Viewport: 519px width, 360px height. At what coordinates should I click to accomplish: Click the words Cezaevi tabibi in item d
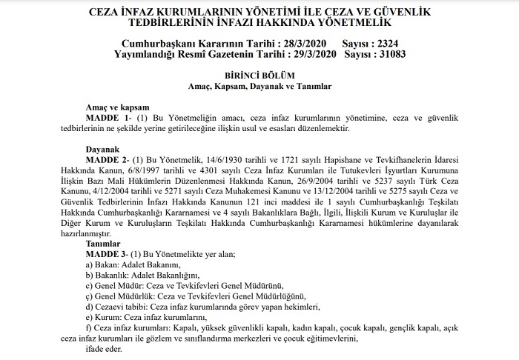click(x=121, y=306)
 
